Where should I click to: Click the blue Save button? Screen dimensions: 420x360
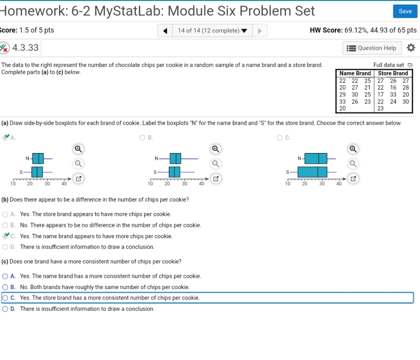(405, 11)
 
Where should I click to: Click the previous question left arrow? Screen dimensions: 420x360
(165, 31)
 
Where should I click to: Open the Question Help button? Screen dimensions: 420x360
(372, 48)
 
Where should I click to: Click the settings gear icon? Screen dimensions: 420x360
(410, 48)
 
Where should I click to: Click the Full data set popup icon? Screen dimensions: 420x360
(410, 65)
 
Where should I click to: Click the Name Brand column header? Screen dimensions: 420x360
(355, 73)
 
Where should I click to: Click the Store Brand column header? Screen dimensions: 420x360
(393, 73)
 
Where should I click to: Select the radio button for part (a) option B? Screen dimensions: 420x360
(142, 137)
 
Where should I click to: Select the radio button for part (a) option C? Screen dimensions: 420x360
(280, 137)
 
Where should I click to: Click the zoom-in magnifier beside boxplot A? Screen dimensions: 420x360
(78, 149)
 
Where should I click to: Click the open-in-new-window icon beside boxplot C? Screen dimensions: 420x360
(353, 179)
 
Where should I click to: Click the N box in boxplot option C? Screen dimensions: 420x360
(316, 158)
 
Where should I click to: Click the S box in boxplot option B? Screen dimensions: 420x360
(174, 172)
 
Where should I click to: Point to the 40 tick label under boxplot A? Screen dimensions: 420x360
(64, 183)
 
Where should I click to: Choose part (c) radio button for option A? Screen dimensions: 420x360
(5, 276)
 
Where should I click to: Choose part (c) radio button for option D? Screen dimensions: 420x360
(5, 309)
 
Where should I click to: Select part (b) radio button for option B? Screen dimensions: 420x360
(5, 225)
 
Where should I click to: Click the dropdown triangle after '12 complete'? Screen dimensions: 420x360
(244, 31)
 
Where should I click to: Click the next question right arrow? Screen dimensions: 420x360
(260, 31)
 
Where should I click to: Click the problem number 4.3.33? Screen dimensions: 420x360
(26, 48)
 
